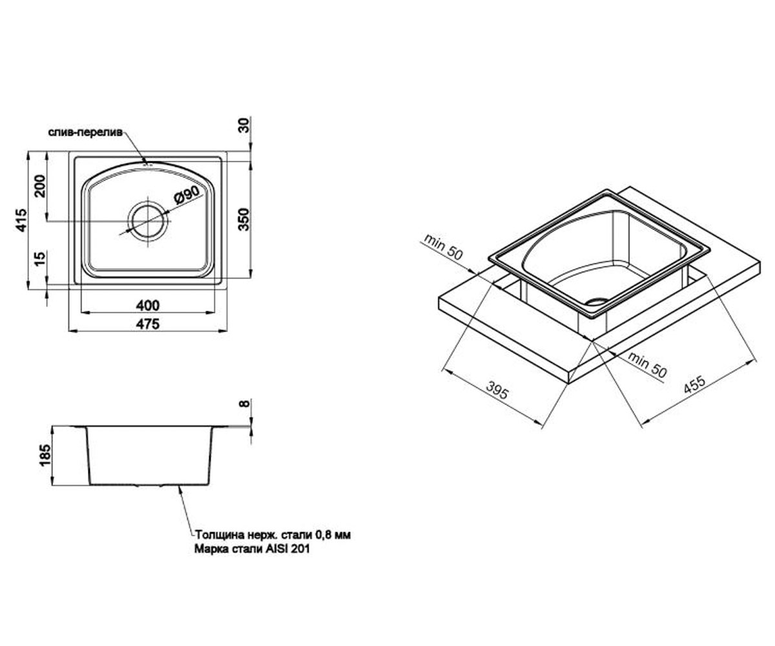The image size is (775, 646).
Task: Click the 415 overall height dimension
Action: [x=21, y=220]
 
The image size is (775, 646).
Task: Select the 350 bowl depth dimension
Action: [x=243, y=219]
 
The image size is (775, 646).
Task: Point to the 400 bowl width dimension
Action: [x=148, y=305]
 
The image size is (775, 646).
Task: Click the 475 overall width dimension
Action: [x=148, y=324]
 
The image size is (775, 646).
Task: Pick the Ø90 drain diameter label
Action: [x=187, y=194]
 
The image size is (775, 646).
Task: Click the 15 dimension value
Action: [x=39, y=258]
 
